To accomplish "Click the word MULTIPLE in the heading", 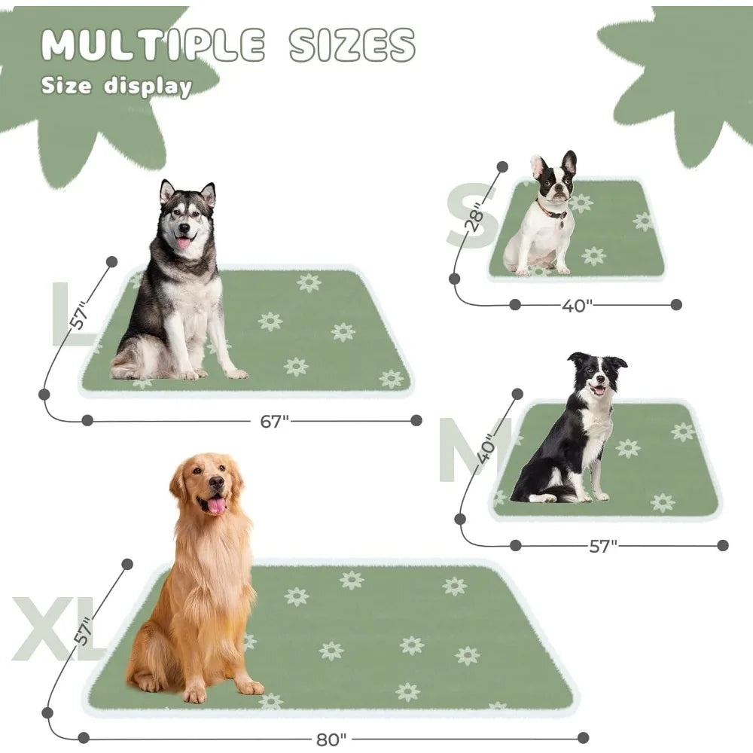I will pyautogui.click(x=153, y=45).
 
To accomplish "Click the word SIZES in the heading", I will pyautogui.click(x=352, y=45).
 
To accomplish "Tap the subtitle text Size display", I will pyautogui.click(x=117, y=86).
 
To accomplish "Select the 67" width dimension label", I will pyautogui.click(x=275, y=421).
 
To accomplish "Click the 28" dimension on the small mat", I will pyautogui.click(x=476, y=218).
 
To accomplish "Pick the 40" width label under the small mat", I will pyautogui.click(x=578, y=305).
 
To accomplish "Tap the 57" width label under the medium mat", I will pyautogui.click(x=602, y=546).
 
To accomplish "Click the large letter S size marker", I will pyautogui.click(x=471, y=218).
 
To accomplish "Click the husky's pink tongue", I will pyautogui.click(x=183, y=242).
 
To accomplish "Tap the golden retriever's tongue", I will pyautogui.click(x=217, y=505).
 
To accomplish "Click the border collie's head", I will pyautogui.click(x=597, y=374).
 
